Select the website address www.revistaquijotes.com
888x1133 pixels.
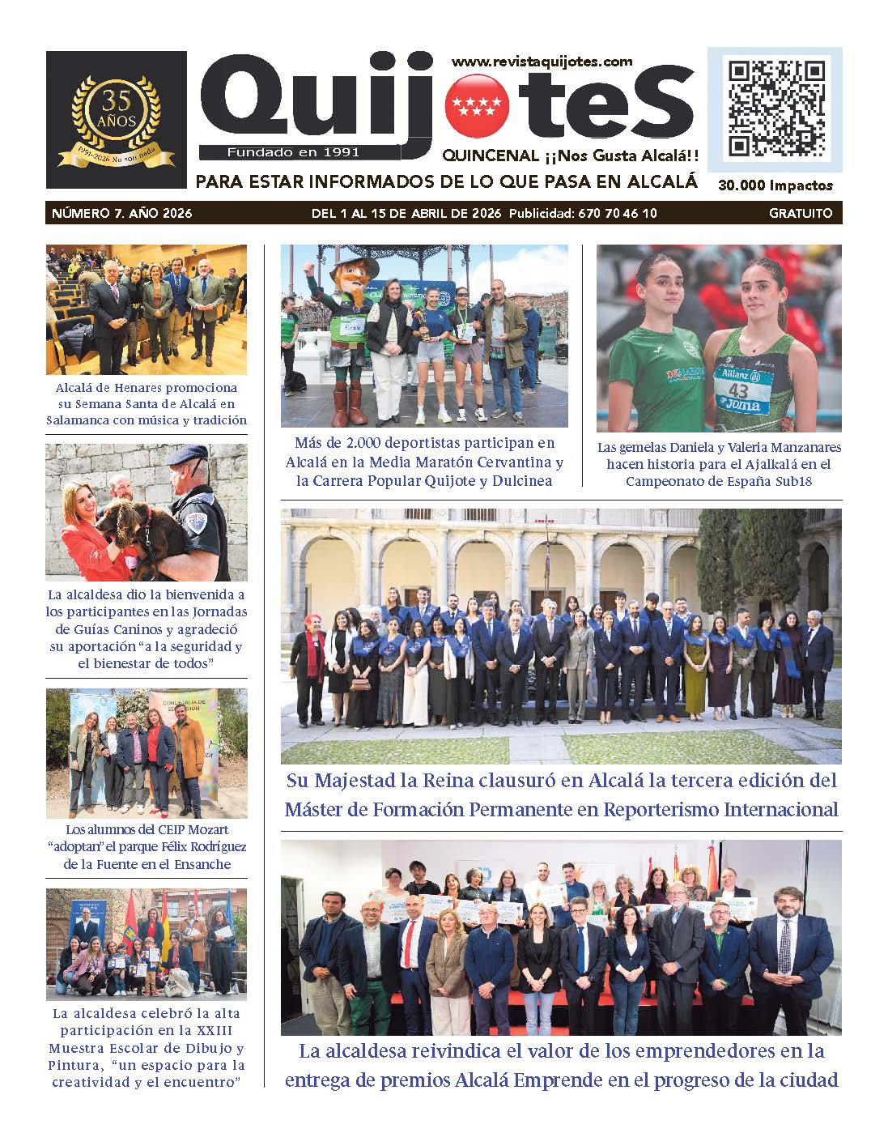pos(542,62)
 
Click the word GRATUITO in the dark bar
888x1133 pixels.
pos(801,214)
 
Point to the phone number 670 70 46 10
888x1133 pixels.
pos(617,214)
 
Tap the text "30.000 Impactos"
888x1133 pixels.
pos(775,185)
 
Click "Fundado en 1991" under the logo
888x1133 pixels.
pos(293,151)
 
